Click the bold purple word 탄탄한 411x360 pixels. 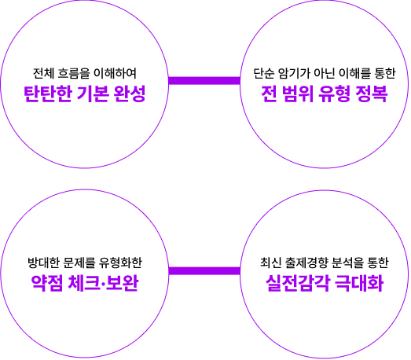coord(48,94)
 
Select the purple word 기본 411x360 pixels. coord(93,94)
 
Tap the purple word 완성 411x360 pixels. coord(130,94)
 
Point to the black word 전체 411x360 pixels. coord(43,73)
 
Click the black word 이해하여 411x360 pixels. coord(115,73)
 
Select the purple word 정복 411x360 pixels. coord(372,94)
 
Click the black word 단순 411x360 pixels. coord(263,73)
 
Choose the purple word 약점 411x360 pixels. coord(47,283)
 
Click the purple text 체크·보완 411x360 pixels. coord(103,283)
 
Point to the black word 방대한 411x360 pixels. coord(43,263)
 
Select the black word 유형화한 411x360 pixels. coord(120,263)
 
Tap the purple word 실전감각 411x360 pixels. coord(298,283)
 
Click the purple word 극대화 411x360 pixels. coord(359,283)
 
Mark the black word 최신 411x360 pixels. coord(270,263)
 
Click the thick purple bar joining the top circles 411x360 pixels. coord(204,81)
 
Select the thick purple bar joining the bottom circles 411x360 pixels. coord(204,270)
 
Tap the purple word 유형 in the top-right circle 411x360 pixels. coord(335,94)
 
